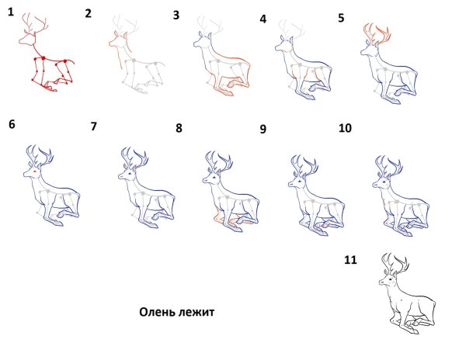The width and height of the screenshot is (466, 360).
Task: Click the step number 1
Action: pyautogui.click(x=11, y=12)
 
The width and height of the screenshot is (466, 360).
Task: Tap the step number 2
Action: pyautogui.click(x=88, y=14)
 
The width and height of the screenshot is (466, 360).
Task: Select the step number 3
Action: pyautogui.click(x=176, y=16)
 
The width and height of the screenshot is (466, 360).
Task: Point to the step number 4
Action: pyautogui.click(x=263, y=19)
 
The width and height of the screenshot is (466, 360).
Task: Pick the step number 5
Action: pyautogui.click(x=341, y=18)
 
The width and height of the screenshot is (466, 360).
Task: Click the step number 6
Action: pyautogui.click(x=12, y=124)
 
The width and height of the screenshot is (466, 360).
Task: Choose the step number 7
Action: pyautogui.click(x=94, y=126)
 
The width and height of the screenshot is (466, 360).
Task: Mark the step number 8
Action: pyautogui.click(x=179, y=128)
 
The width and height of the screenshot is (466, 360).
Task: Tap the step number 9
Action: pyautogui.click(x=263, y=129)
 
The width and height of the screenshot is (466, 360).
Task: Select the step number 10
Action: pyautogui.click(x=345, y=128)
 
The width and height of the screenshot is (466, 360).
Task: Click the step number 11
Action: pyautogui.click(x=350, y=260)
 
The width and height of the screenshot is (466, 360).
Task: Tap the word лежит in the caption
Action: pyautogui.click(x=196, y=312)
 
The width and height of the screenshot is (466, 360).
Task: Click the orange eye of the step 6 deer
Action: pyautogui.click(x=35, y=171)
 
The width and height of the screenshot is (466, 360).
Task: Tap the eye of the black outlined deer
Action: pyautogui.click(x=389, y=280)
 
